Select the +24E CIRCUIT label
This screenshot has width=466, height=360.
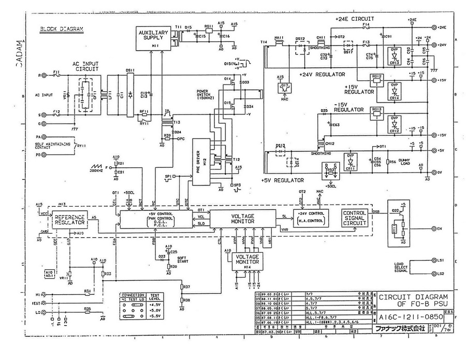point(355,18)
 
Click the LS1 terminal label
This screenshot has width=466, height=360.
point(441,260)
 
